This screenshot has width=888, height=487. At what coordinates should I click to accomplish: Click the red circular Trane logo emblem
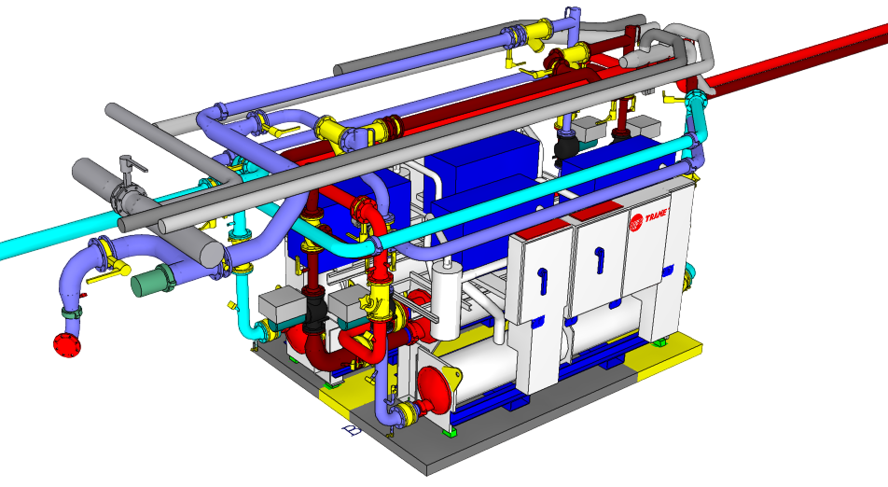[636, 223]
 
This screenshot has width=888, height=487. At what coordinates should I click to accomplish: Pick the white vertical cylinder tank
[447, 300]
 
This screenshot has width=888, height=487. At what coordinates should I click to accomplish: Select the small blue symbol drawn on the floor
[352, 430]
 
